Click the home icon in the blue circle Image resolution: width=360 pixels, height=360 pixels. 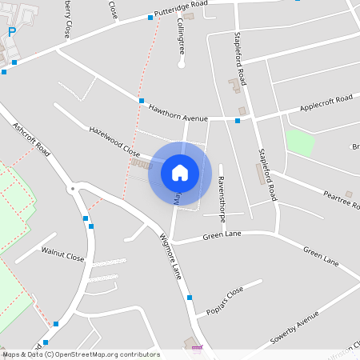(x=179, y=172)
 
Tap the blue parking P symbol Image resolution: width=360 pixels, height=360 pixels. (x=11, y=32)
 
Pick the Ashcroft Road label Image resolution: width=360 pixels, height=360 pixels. (x=31, y=138)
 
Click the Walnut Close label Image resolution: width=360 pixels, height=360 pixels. (x=63, y=257)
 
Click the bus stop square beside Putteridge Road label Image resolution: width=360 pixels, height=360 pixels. (x=150, y=17)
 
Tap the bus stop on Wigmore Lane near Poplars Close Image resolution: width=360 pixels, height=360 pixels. (x=190, y=298)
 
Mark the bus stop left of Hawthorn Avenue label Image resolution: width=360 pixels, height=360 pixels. (x=142, y=101)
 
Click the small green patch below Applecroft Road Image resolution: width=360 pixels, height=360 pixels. (x=299, y=142)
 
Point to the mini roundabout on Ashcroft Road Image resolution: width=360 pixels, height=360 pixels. (x=73, y=190)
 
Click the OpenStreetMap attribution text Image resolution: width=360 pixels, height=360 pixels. (x=80, y=354)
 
